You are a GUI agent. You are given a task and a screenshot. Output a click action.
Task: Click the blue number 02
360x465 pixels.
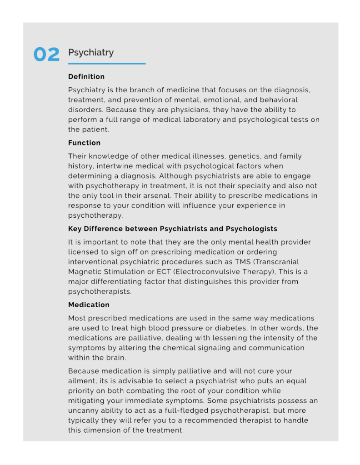(46, 55)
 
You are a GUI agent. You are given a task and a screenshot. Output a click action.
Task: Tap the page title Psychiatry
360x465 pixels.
(91, 52)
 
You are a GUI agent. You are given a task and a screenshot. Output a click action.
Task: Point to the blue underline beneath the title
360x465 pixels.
(107, 64)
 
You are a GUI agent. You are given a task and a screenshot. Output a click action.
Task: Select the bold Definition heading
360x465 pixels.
(86, 76)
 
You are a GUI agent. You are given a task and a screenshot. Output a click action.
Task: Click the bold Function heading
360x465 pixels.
(85, 143)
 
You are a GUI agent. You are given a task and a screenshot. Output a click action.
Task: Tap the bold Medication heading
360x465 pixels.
(89, 305)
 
